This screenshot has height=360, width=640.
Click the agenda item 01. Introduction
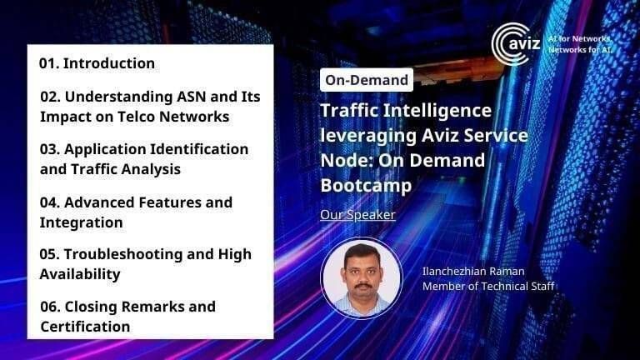tap(97, 63)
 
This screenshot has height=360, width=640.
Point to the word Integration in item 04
tap(81, 222)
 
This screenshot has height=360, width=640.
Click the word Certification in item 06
tap(85, 327)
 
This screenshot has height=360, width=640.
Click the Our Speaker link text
tap(357, 215)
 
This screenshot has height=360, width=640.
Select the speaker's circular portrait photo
tap(362, 278)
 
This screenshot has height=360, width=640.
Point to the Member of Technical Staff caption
tap(488, 287)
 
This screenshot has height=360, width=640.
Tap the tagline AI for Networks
tap(579, 39)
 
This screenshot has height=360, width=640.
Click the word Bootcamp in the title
tap(366, 185)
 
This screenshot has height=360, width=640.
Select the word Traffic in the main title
tap(348, 110)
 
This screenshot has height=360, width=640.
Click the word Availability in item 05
tap(80, 274)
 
